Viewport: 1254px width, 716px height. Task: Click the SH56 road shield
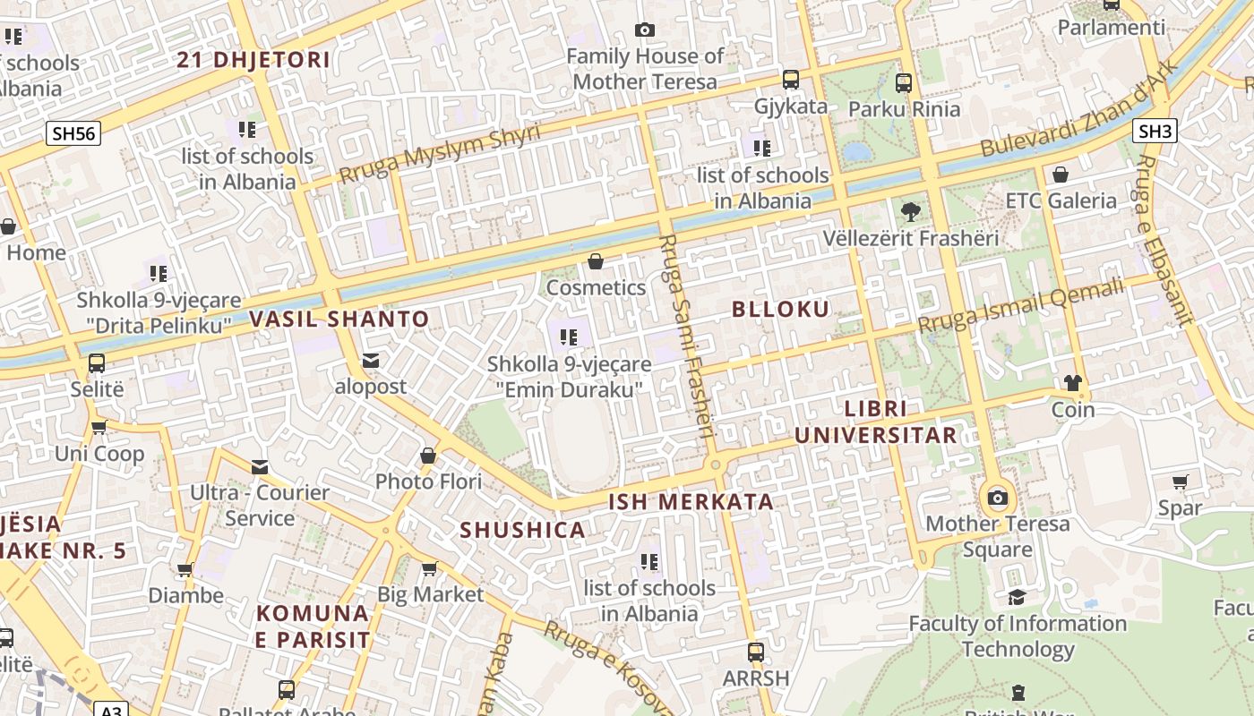point(73,134)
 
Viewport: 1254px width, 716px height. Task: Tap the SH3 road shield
point(1155,132)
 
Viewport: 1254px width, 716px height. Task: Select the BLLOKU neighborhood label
point(780,310)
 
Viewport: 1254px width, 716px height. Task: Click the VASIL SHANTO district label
point(339,319)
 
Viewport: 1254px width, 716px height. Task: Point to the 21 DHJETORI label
point(253,60)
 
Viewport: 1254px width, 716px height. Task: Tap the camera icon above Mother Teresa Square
point(997,498)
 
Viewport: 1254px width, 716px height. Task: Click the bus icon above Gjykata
point(791,80)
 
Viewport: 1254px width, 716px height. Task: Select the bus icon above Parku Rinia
point(904,83)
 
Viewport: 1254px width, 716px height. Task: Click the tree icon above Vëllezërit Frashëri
point(911,212)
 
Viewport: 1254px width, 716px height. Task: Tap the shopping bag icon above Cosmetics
point(596,261)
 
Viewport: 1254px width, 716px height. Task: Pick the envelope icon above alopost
point(371,361)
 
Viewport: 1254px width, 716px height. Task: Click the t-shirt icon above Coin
point(1073,383)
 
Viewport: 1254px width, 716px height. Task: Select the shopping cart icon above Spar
point(1181,482)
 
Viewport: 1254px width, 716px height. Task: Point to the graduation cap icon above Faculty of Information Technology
point(1017,597)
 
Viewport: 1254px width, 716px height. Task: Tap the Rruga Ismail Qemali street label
point(1020,306)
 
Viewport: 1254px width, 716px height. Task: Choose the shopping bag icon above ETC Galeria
point(1061,175)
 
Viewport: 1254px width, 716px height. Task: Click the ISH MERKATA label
point(691,502)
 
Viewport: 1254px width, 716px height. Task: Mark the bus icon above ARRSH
point(756,652)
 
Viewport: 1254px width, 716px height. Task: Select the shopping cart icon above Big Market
point(430,568)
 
